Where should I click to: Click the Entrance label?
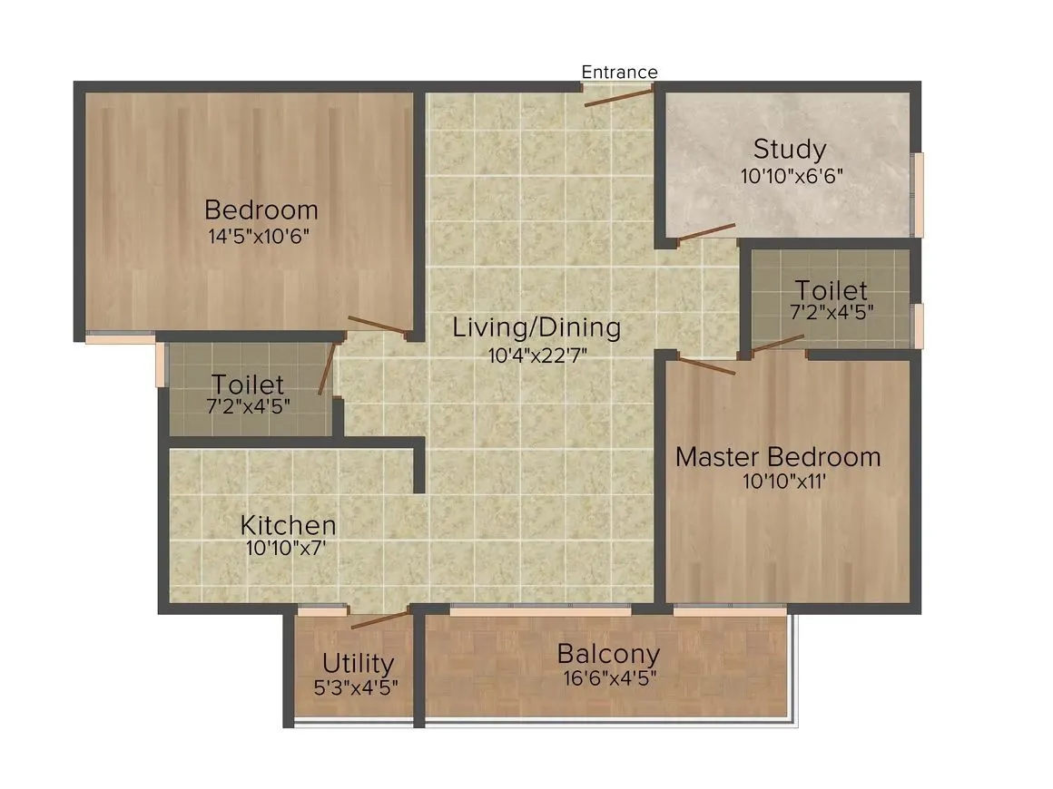[619, 72]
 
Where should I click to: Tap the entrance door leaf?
[618, 97]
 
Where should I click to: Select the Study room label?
[790, 149]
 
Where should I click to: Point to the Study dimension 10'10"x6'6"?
[792, 176]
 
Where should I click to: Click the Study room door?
[706, 232]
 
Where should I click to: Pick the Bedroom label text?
[261, 209]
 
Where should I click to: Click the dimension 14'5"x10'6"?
[262, 238]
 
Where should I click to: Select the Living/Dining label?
[537, 327]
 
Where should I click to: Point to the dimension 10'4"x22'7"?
[537, 356]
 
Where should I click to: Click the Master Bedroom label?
[778, 456]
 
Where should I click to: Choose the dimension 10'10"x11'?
[783, 482]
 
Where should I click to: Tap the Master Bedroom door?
[706, 366]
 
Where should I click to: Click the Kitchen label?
[288, 524]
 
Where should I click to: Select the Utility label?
[358, 664]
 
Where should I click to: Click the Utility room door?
[380, 621]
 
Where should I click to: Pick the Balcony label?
[608, 653]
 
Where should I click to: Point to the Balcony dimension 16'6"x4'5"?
[608, 677]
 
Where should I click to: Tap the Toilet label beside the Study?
[831, 290]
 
